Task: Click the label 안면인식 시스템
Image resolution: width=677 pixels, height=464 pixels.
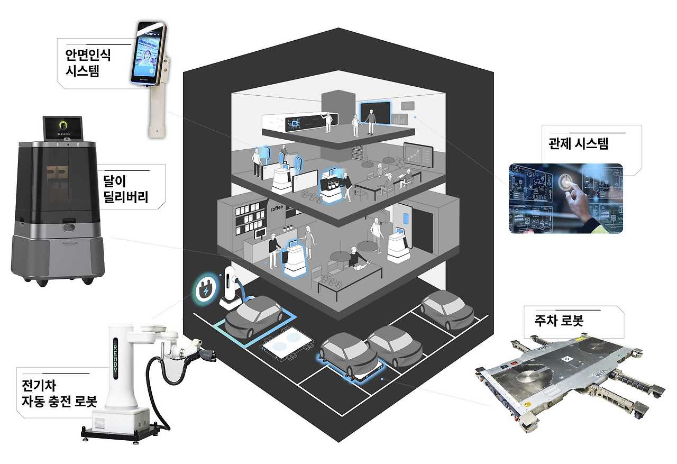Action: [88, 62]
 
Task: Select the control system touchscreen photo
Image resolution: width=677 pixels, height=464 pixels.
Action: [565, 198]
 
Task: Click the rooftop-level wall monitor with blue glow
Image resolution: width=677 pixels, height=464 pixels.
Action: [375, 112]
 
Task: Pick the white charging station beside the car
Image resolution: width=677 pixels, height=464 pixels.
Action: [229, 287]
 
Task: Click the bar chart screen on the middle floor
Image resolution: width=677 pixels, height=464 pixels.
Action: [418, 156]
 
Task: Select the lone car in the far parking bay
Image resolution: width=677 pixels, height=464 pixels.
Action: [446, 308]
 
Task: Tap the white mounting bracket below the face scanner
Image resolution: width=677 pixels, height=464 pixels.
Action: [154, 112]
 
